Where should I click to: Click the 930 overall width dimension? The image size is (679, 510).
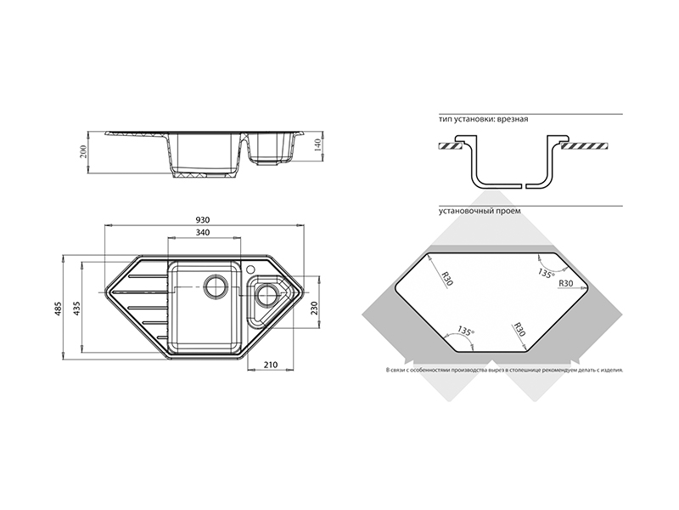click(x=203, y=219)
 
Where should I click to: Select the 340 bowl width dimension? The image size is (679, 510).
click(x=203, y=232)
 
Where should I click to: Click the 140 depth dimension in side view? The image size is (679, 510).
click(x=318, y=144)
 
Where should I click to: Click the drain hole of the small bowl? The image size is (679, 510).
click(x=267, y=297)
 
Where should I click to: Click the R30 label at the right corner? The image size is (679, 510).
click(x=568, y=283)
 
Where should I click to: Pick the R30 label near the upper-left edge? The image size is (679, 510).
click(x=446, y=275)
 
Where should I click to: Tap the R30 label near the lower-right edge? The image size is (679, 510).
click(x=520, y=331)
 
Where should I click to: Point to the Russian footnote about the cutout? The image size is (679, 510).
click(x=503, y=371)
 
